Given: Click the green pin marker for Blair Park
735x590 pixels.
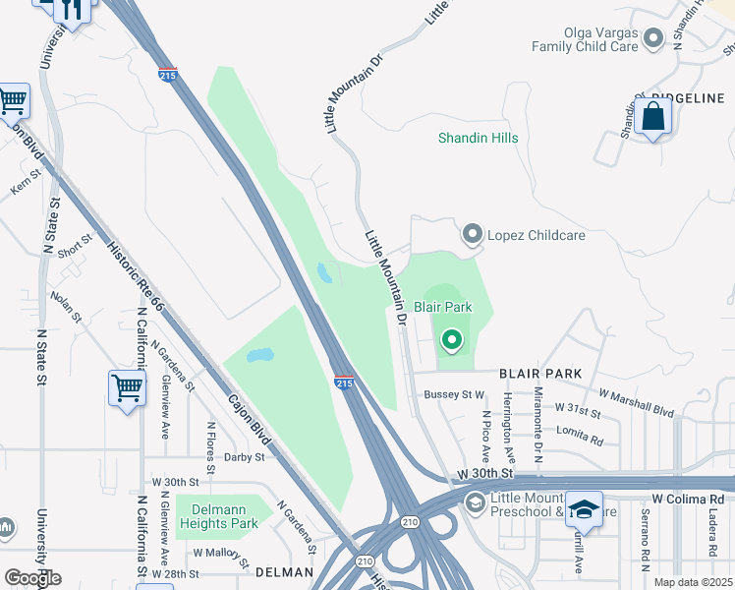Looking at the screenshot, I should pyautogui.click(x=452, y=340).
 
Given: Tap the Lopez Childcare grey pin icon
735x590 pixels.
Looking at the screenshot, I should pyautogui.click(x=473, y=234).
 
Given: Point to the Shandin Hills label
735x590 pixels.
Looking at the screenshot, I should pyautogui.click(x=478, y=138).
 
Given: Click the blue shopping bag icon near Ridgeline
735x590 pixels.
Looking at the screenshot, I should pyautogui.click(x=653, y=118).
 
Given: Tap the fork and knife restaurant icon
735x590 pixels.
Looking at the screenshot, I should pyautogui.click(x=71, y=8).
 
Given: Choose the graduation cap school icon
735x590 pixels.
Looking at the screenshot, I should pyautogui.click(x=584, y=508).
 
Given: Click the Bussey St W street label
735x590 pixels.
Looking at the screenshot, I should pyautogui.click(x=454, y=394).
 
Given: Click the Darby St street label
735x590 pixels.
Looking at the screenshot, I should pyautogui.click(x=245, y=457).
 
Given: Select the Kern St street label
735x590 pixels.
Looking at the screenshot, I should pyautogui.click(x=24, y=184).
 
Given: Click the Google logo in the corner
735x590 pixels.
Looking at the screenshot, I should pyautogui.click(x=32, y=577).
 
